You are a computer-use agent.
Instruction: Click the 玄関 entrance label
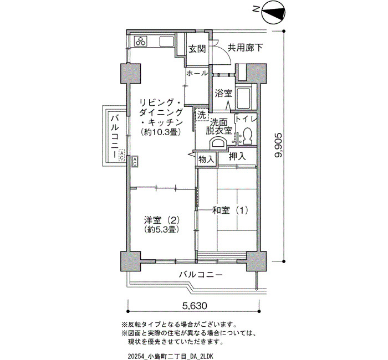pos(197,49)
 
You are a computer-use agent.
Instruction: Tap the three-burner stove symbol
pos(141,41)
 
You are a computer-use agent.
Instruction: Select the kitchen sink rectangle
pos(167,41)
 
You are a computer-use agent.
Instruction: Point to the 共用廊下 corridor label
pos(245,48)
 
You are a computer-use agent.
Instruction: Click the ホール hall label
pos(197,73)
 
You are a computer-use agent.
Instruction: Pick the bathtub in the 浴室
pos(243,97)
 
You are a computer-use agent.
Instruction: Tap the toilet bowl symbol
pos(247,136)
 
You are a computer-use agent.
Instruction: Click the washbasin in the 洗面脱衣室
pos(218,143)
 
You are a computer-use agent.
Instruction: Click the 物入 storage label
pos(206,160)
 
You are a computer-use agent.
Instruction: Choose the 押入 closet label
pos(237,156)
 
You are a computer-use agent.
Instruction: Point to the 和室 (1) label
pos(231,210)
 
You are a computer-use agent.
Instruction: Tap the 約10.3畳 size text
pos(161,132)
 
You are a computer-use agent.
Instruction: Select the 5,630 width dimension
pos(194,306)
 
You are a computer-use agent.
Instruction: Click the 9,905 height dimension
pos(278,145)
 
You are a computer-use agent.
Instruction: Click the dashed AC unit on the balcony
pos(122,156)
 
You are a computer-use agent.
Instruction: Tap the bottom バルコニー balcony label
pos(201,275)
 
